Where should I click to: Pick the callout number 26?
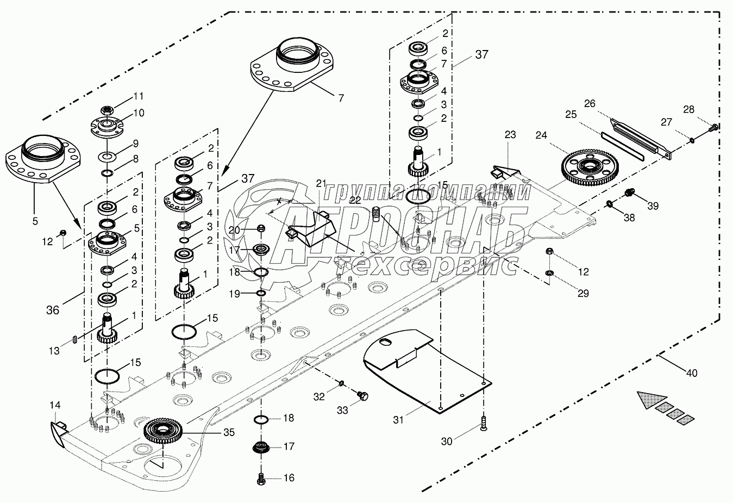tap(590, 103)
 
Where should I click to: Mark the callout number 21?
tap(321, 182)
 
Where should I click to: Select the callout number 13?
tap(54, 351)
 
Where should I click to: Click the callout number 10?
tap(139, 113)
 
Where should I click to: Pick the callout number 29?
tap(582, 293)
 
